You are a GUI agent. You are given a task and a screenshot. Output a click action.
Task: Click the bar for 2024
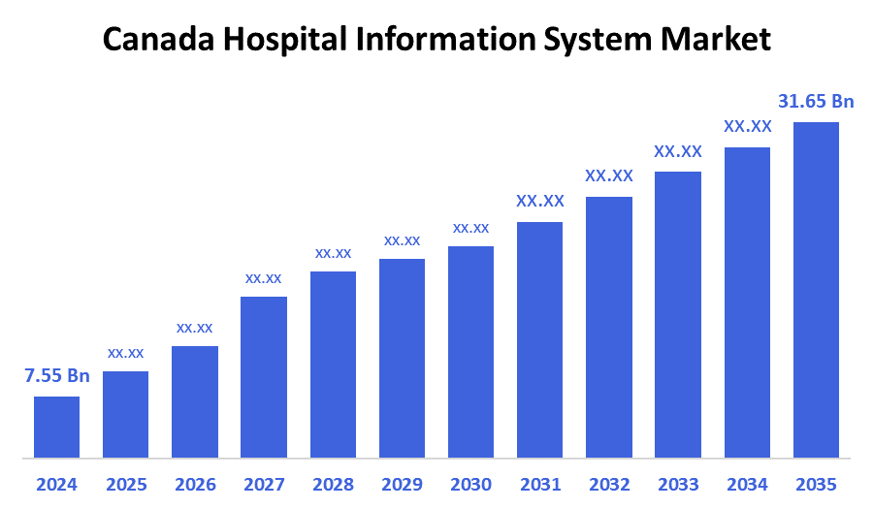point(56,427)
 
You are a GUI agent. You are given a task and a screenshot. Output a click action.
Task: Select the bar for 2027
point(264,376)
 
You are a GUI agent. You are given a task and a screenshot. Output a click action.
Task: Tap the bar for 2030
point(470,351)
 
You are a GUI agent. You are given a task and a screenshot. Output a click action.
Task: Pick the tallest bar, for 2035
point(816,289)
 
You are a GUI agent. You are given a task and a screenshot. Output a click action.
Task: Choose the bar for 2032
point(609,327)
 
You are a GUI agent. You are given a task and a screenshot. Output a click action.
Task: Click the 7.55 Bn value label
point(56,376)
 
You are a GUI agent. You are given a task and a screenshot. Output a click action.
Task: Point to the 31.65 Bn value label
point(816,102)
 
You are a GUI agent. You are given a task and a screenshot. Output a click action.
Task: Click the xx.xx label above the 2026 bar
point(194,328)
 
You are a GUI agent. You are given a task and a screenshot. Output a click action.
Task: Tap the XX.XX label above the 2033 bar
point(678,152)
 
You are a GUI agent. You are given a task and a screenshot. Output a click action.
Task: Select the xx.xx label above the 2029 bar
point(402,240)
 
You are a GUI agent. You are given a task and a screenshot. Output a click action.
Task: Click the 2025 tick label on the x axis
point(125,484)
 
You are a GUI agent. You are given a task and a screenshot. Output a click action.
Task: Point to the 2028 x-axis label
point(333,484)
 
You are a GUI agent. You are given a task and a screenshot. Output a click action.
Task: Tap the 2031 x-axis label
point(540,484)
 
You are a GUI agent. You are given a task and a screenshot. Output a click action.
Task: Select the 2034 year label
point(747,484)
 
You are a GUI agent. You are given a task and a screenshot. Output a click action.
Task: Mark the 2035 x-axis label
point(816,484)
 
